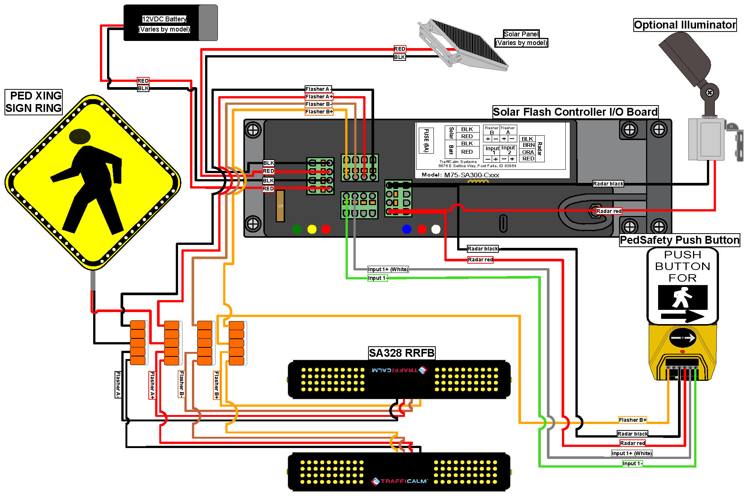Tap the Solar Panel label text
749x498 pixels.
point(521,34)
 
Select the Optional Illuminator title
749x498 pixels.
point(684,25)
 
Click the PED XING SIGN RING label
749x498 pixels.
point(34,102)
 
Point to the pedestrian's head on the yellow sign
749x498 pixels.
point(80,136)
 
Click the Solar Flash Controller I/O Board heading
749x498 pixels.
point(575,112)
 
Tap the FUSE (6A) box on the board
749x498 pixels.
point(426,140)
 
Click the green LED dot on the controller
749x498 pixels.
point(297,229)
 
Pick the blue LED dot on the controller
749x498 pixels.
point(406,229)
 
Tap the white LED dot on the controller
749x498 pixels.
point(436,229)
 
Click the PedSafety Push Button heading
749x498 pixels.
point(679,240)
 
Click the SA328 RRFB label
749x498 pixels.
point(402,353)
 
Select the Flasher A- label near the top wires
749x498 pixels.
point(318,89)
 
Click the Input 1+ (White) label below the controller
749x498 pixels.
point(388,269)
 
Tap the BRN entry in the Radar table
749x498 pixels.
point(528,145)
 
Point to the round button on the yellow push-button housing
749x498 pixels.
point(683,338)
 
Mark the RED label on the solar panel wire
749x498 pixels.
point(399,49)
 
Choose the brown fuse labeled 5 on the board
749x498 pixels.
point(280,206)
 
